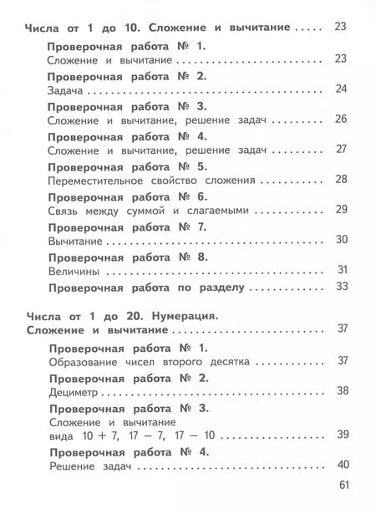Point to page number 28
click(x=340, y=179)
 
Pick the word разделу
click(x=219, y=288)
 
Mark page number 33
click(x=340, y=288)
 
